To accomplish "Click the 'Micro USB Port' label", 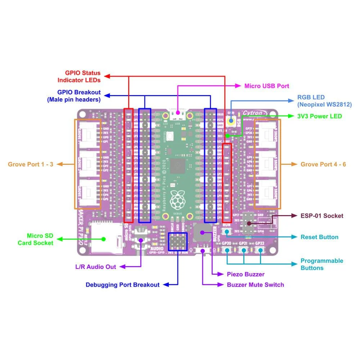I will click(266, 86).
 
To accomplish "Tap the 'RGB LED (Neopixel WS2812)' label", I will click(324, 101).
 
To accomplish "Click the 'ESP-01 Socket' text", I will click(322, 216).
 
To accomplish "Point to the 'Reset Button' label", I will click(319, 237).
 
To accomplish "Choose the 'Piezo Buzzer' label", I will click(246, 274).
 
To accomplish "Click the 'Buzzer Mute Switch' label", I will click(255, 285).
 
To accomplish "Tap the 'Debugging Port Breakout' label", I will click(122, 285).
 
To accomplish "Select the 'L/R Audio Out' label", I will click(95, 267).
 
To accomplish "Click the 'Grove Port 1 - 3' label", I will click(31, 164).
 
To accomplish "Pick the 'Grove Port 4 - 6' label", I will click(323, 164).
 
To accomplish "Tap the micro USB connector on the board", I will click(177, 115).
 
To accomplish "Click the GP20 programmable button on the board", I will click(228, 250).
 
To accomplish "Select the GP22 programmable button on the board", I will click(260, 250).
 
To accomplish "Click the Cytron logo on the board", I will click(255, 113).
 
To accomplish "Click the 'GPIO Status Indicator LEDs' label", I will click(82, 76).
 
